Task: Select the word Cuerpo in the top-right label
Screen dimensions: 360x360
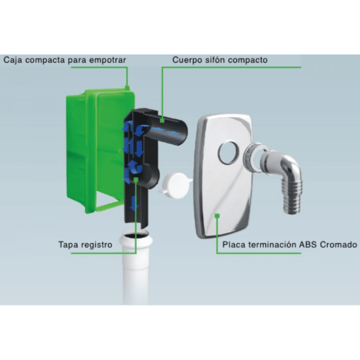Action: tap(187, 60)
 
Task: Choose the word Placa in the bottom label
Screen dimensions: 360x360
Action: tap(234, 245)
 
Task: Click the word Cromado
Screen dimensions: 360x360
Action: tap(338, 245)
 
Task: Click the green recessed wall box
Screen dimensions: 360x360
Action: tap(97, 149)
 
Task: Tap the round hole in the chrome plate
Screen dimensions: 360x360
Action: tap(228, 153)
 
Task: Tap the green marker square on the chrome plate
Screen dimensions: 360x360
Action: tap(217, 215)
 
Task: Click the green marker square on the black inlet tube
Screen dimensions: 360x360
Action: tap(162, 120)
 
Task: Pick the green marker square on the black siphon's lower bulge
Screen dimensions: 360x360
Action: tap(136, 180)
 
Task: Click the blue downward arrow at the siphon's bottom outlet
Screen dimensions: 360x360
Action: tap(134, 203)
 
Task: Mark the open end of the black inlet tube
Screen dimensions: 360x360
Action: tap(183, 133)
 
